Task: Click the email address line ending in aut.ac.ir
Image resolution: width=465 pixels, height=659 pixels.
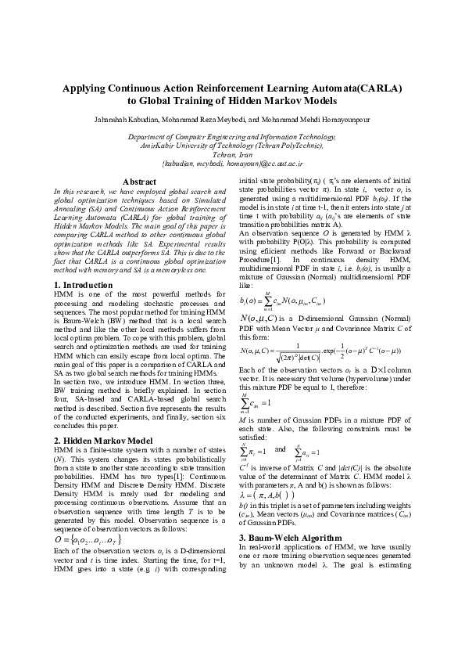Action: click(232, 163)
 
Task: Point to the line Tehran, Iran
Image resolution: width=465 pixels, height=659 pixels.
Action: click(232, 154)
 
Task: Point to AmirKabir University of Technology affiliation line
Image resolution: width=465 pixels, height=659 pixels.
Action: click(232, 146)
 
